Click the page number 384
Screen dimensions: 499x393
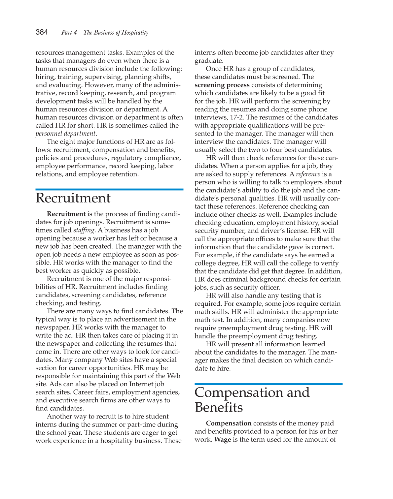[x=42, y=32]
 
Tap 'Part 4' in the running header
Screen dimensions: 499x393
[x=69, y=32]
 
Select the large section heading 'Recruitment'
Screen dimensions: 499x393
[x=73, y=198]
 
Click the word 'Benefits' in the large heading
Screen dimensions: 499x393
[x=219, y=407]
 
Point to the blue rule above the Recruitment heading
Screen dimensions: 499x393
[x=109, y=189]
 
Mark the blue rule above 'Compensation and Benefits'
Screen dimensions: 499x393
[x=268, y=384]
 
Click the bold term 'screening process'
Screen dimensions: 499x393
[x=222, y=85]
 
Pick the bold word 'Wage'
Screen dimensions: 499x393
[x=223, y=440]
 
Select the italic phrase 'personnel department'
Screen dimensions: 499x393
[x=65, y=134]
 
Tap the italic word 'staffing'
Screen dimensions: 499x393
[x=84, y=230]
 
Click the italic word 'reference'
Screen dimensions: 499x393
[x=308, y=174]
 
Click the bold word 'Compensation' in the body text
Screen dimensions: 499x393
[x=229, y=423]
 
